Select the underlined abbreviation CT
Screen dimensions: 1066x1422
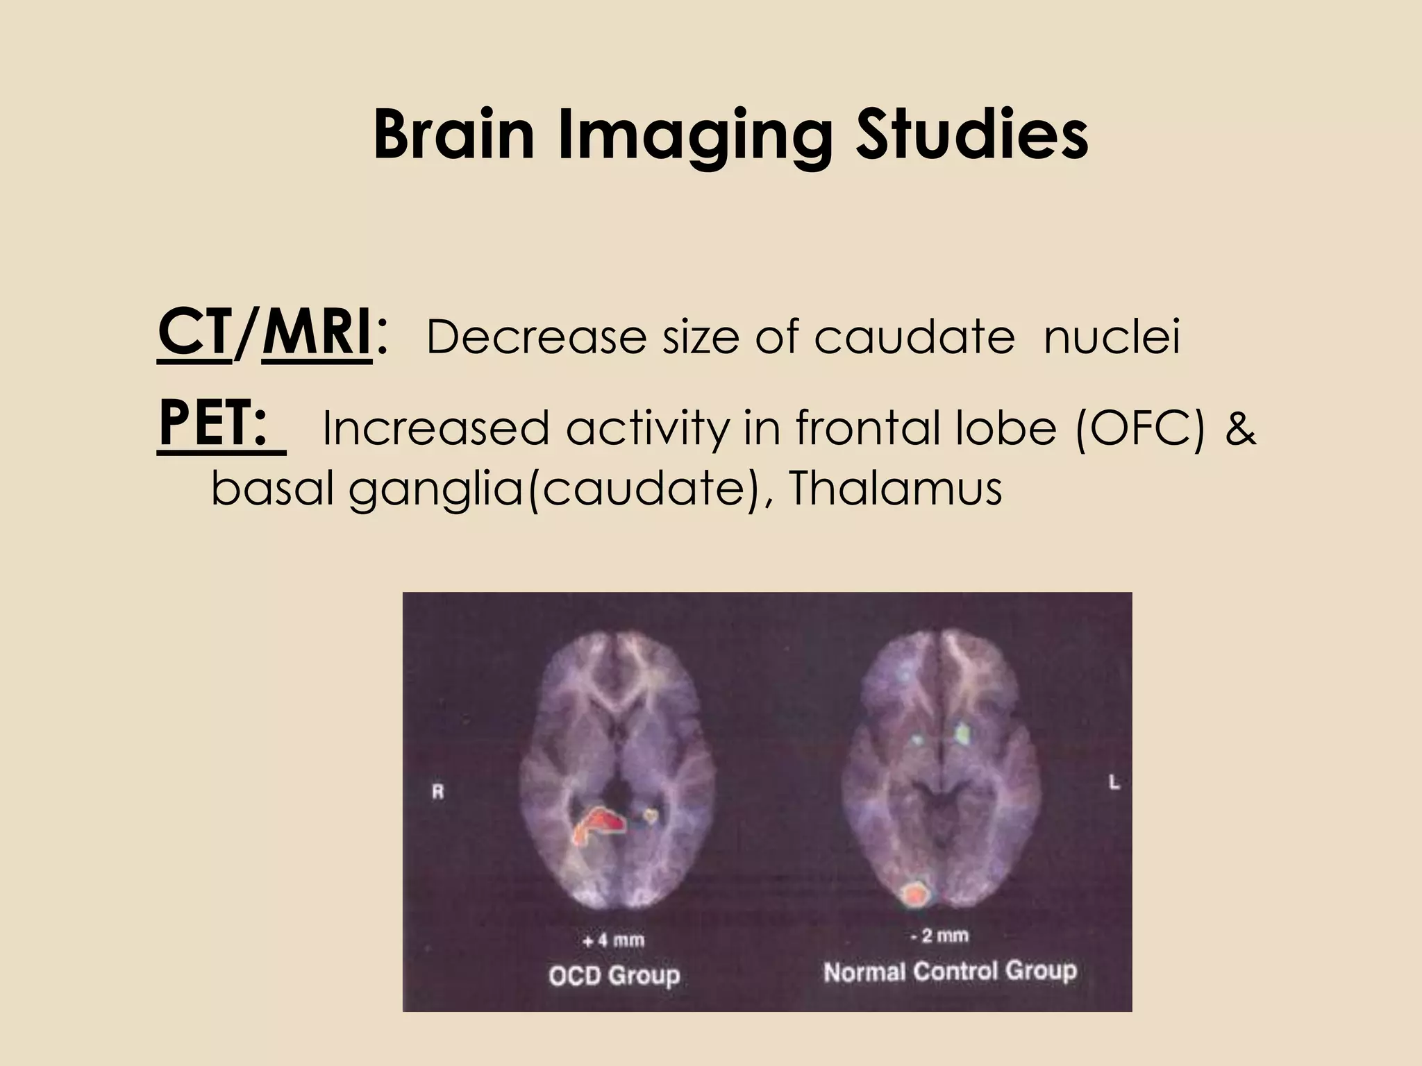[194, 335]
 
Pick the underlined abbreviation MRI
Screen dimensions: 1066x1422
[317, 335]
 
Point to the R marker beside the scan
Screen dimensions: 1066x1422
[438, 792]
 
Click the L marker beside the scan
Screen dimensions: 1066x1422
[1114, 783]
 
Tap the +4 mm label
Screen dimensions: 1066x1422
[613, 941]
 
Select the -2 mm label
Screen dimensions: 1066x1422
[939, 936]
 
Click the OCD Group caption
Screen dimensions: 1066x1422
[614, 976]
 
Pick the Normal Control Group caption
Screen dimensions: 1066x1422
[950, 972]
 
